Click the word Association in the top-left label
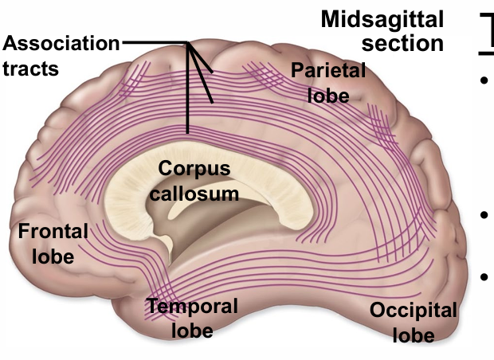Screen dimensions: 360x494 (x=61, y=45)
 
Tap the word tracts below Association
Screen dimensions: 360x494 (x=30, y=68)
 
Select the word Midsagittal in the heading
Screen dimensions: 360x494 (x=381, y=19)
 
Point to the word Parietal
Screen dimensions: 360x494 (x=328, y=71)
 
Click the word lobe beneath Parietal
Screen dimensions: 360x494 (x=328, y=95)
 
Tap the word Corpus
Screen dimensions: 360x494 (x=194, y=169)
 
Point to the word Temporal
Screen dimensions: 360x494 (x=192, y=306)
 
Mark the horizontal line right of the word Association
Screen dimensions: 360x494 (x=151, y=42)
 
